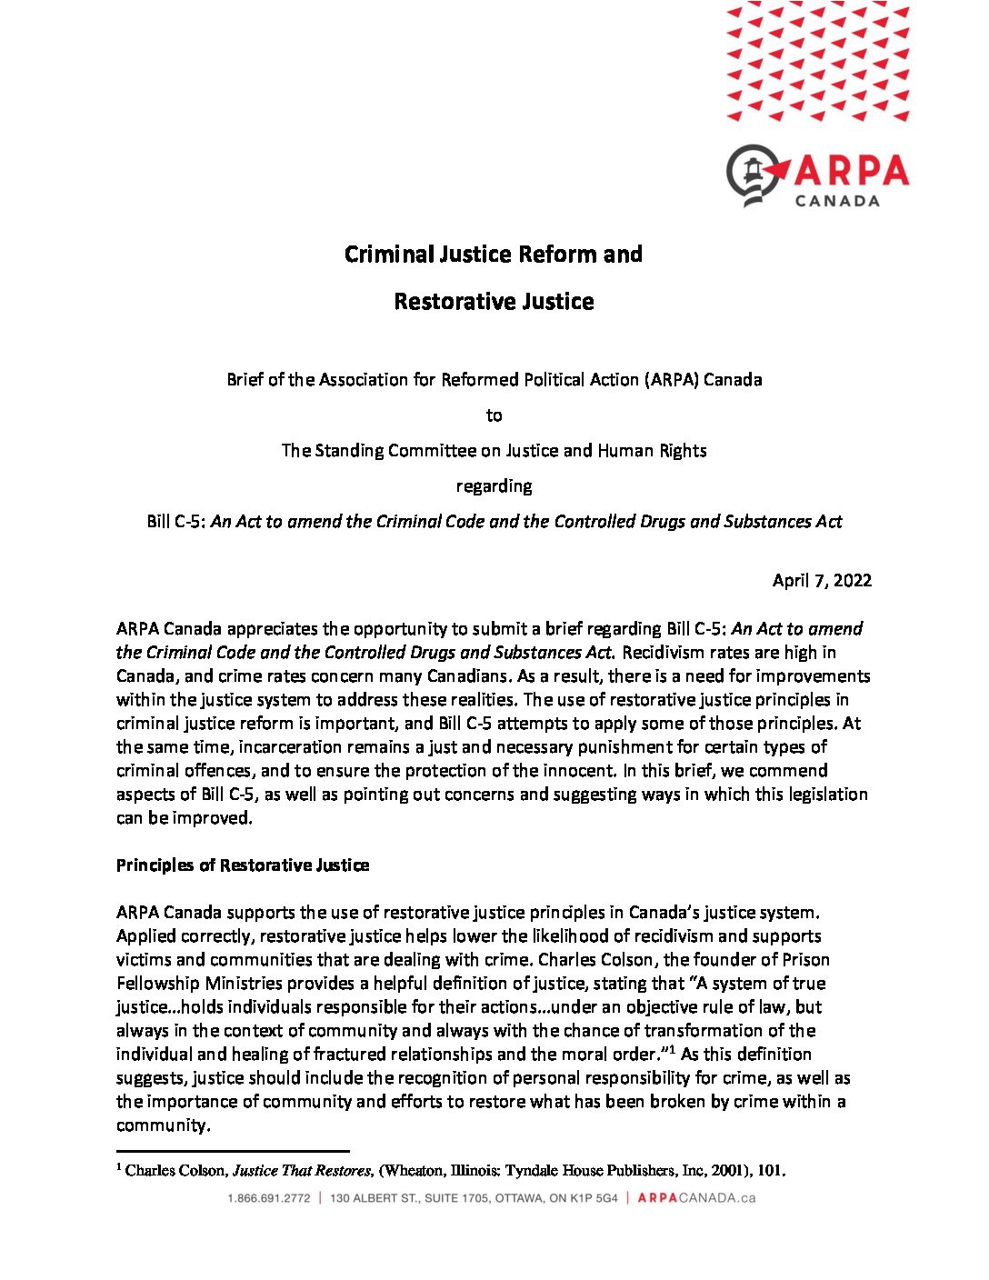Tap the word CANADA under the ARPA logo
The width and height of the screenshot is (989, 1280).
click(x=837, y=200)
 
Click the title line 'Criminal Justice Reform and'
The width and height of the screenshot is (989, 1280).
click(x=494, y=254)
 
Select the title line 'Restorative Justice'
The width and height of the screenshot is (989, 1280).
click(x=494, y=301)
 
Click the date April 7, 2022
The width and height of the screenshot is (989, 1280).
click(x=822, y=580)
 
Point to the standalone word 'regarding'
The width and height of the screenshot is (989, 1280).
click(x=494, y=485)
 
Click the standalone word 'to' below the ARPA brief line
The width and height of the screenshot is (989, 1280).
click(x=494, y=415)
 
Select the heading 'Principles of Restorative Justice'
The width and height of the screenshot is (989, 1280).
click(x=243, y=865)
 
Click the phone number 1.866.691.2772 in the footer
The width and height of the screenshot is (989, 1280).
click(x=269, y=1198)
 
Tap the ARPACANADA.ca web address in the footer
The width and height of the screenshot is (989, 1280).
click(x=696, y=1198)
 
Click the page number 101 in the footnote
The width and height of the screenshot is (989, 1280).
click(x=770, y=1170)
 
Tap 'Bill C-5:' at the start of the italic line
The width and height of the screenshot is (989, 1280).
click(x=176, y=521)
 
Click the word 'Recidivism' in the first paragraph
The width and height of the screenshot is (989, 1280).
click(x=664, y=652)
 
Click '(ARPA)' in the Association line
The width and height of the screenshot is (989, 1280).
click(x=672, y=379)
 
